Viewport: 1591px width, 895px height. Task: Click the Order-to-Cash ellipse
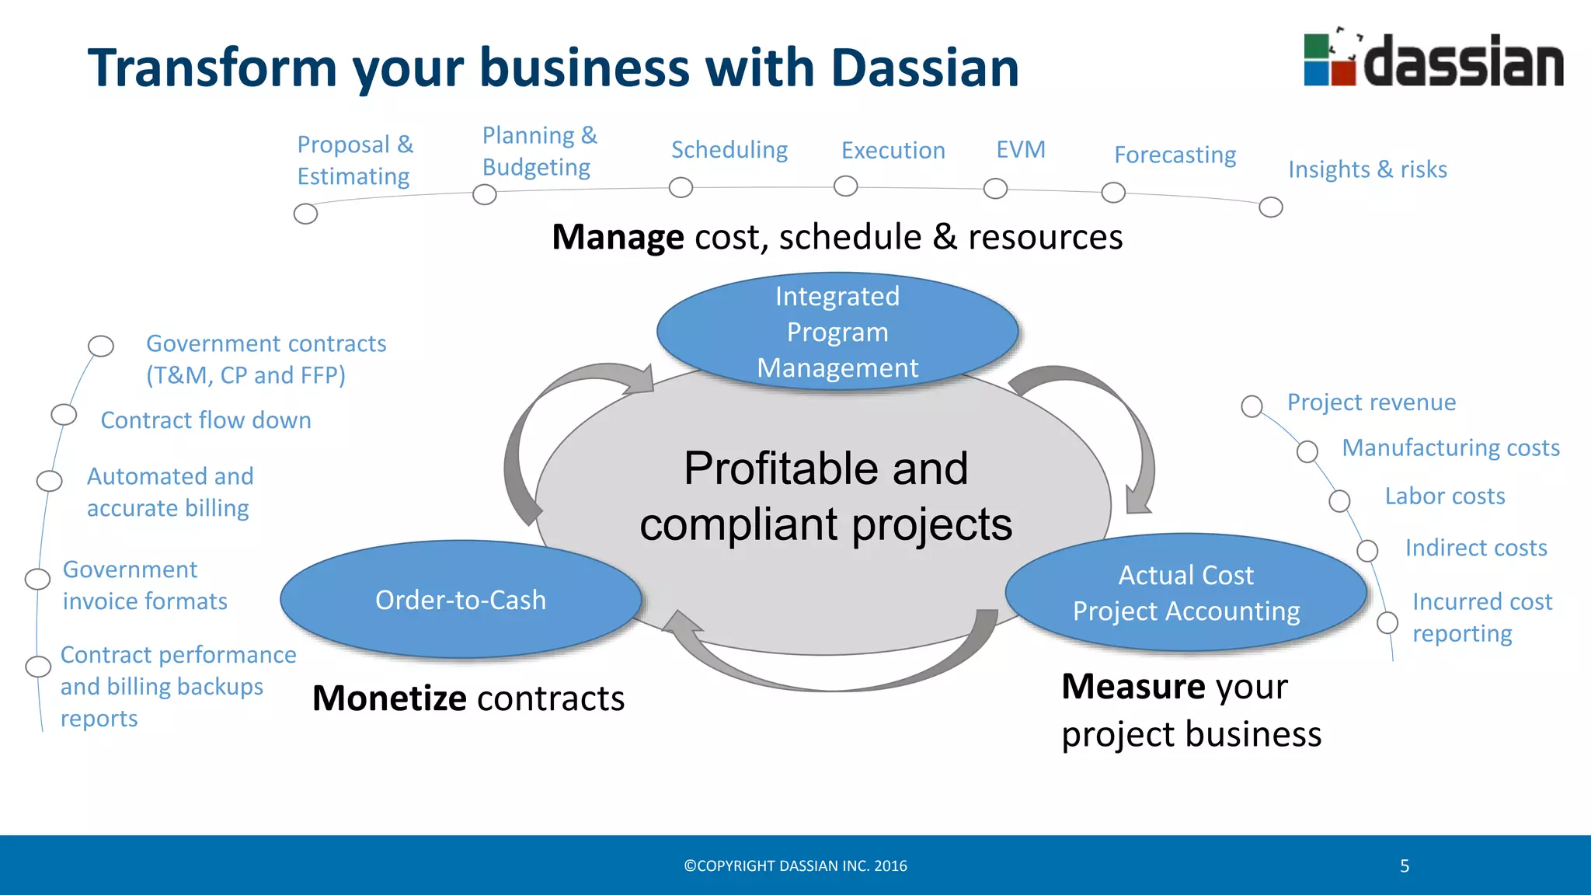(461, 600)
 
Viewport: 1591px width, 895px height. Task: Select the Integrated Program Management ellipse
(837, 332)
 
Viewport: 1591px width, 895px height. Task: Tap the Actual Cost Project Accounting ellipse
(1185, 593)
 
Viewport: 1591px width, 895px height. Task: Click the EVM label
(1021, 149)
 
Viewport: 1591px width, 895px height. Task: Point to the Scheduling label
(729, 149)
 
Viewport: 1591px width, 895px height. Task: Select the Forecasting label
(1175, 155)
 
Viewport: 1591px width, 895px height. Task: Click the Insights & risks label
(1367, 169)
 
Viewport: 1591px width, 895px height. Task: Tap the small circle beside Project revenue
(1252, 406)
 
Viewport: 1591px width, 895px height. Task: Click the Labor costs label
(1444, 496)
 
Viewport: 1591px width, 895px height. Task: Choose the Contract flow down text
(206, 420)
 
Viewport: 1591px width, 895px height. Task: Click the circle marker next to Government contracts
(101, 346)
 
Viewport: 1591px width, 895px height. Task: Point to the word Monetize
(388, 698)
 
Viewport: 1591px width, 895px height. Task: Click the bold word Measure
(1133, 686)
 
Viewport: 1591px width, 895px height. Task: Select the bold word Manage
(618, 237)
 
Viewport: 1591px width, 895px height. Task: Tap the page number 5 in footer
(1405, 865)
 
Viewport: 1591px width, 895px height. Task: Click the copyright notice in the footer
(795, 865)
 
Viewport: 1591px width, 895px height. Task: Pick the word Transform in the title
(212, 68)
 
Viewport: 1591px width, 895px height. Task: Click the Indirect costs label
(1475, 548)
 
